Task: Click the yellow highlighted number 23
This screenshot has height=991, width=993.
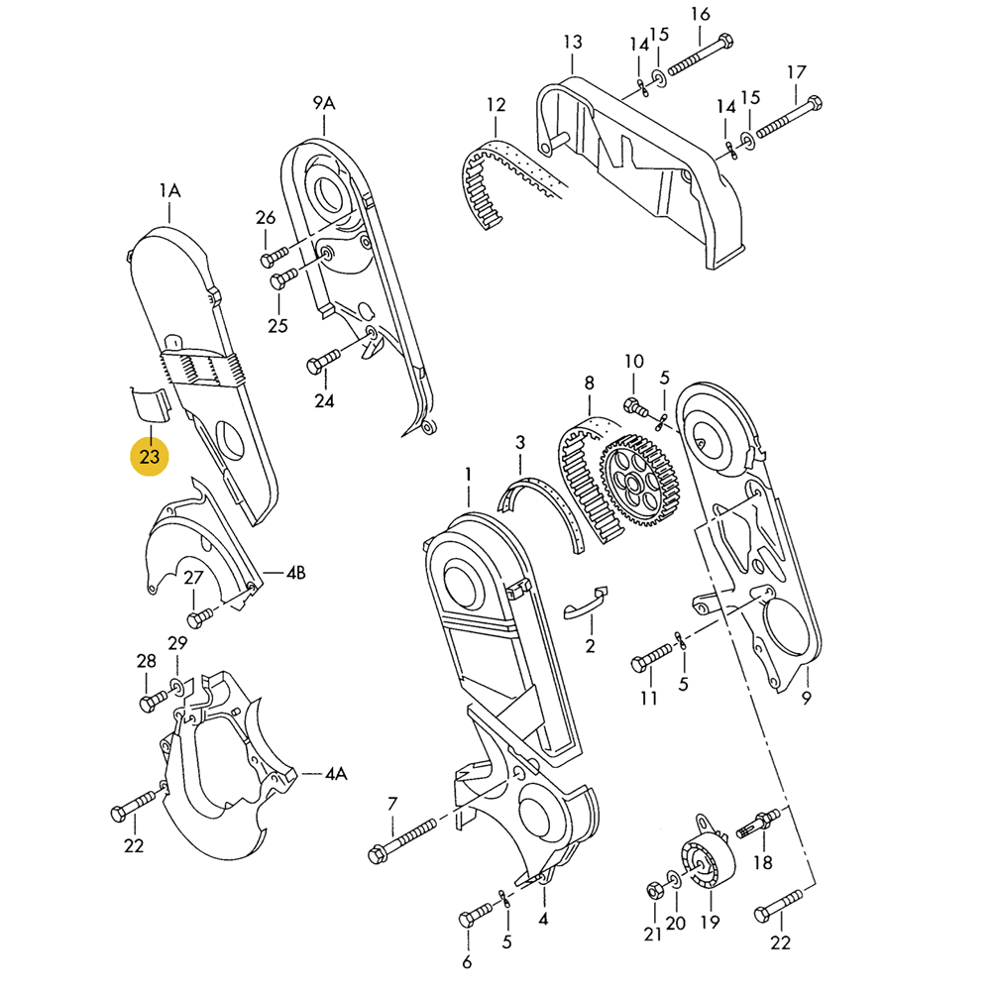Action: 150,457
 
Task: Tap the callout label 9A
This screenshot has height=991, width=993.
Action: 324,103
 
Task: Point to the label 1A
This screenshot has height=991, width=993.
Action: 169,189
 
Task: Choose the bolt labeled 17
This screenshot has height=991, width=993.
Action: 789,118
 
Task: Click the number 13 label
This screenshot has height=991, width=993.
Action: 573,42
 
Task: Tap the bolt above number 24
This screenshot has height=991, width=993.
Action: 324,360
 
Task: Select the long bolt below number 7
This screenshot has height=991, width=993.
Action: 402,840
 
